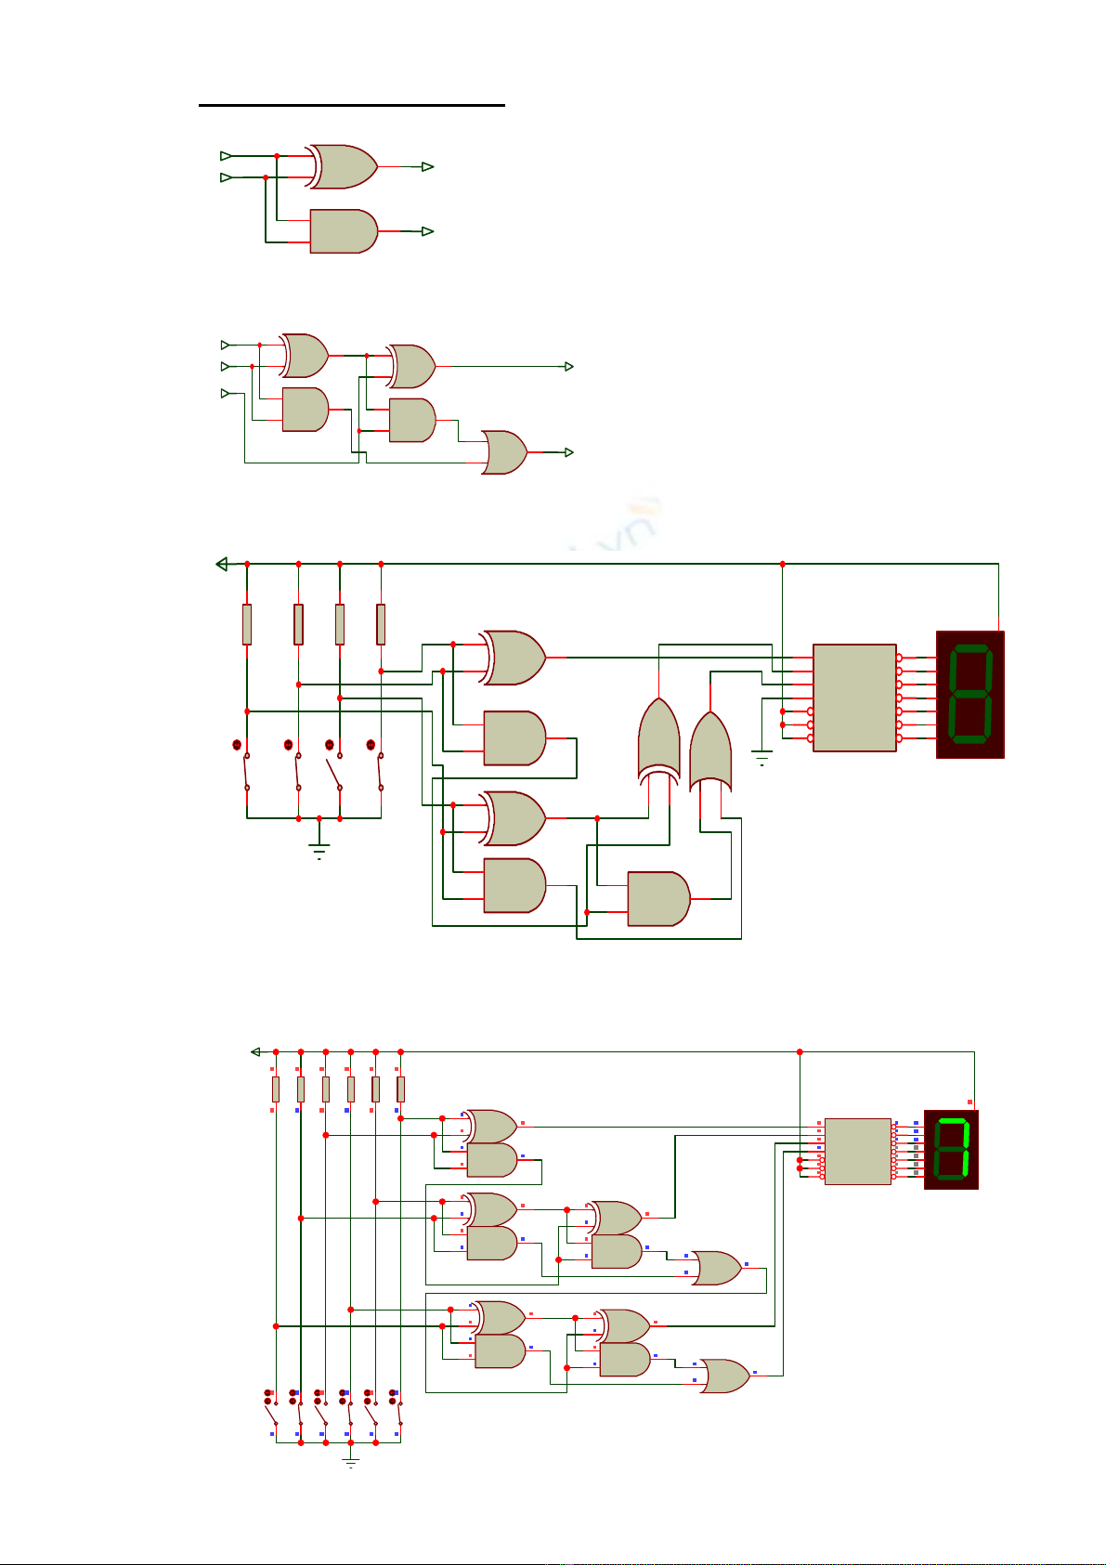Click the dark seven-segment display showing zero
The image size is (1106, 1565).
[x=970, y=694]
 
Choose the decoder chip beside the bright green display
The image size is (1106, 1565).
[x=857, y=1151]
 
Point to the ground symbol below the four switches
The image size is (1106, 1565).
[x=319, y=849]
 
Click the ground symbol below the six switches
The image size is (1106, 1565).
[x=350, y=1461]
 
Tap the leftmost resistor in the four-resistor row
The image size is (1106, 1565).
[x=247, y=624]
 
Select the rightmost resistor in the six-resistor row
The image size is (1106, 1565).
[x=400, y=1089]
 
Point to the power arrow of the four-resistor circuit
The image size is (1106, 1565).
[x=221, y=564]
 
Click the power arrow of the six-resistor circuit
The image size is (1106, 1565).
[x=255, y=1051]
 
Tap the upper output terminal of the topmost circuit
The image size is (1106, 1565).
[x=427, y=166]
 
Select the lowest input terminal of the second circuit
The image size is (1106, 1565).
[x=225, y=394]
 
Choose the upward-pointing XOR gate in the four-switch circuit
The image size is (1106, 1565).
[x=658, y=738]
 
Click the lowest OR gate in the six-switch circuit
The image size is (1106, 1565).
[x=723, y=1376]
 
